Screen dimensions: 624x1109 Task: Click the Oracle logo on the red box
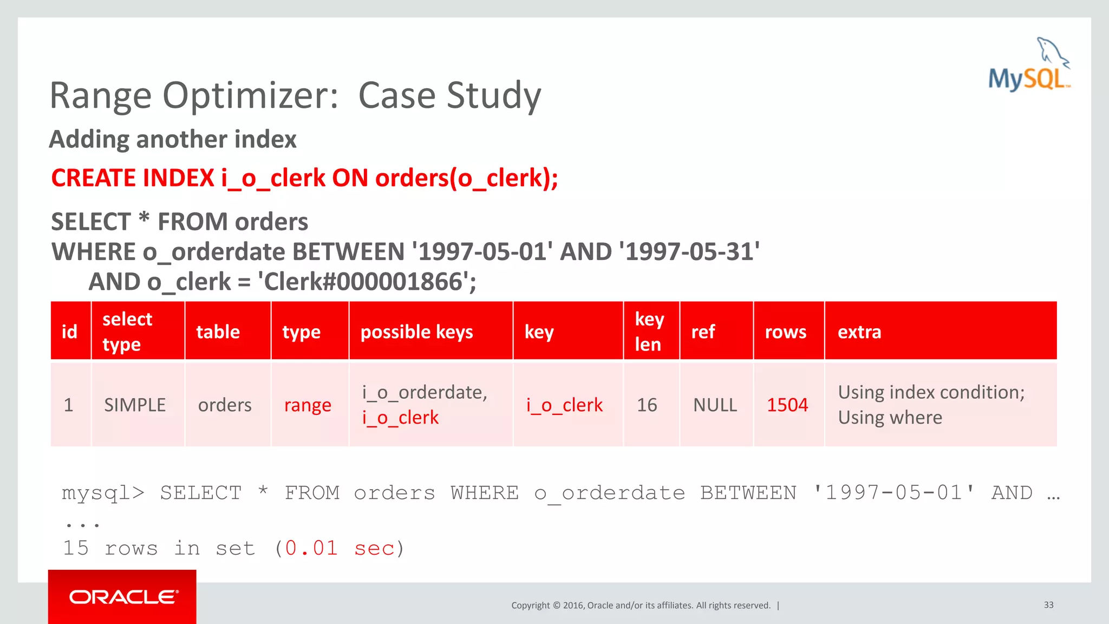point(123,597)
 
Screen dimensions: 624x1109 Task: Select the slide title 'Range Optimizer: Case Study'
point(295,95)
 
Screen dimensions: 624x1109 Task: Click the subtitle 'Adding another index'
point(173,139)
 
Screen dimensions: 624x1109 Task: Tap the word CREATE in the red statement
point(88,178)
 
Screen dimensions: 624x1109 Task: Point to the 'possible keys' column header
point(416,331)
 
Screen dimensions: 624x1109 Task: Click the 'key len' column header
point(649,331)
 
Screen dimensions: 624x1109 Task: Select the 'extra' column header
point(859,331)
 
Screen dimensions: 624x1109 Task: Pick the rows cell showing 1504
point(787,405)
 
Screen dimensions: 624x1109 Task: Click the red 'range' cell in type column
point(308,405)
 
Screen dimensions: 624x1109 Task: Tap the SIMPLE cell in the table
point(135,405)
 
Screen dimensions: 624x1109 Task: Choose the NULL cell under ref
point(715,405)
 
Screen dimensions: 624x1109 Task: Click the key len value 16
point(647,405)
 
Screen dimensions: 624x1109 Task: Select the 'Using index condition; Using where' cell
point(930,405)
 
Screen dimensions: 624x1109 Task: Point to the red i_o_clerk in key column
point(564,405)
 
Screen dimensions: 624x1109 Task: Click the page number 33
point(1048,605)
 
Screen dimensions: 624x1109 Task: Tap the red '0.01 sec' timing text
point(340,548)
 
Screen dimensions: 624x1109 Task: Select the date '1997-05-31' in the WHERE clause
point(689,252)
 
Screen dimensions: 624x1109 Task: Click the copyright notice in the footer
point(641,606)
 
